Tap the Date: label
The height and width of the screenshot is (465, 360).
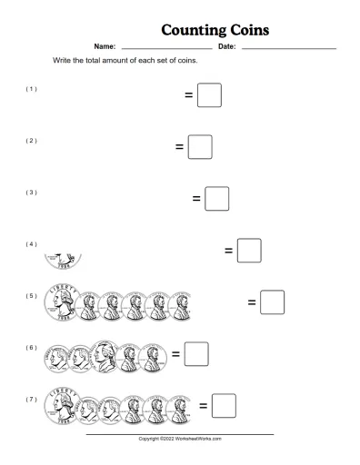pos(226,46)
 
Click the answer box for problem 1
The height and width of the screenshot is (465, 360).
pos(209,94)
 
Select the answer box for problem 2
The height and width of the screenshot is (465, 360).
pos(200,146)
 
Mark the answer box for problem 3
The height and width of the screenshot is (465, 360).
pos(216,198)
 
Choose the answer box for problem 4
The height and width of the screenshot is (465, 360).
pos(249,250)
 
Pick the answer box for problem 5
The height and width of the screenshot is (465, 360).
pos(272,302)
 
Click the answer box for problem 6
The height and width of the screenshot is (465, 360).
pos(196,353)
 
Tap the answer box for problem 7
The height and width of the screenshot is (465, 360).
pos(224,405)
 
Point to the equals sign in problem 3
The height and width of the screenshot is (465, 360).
pos(196,198)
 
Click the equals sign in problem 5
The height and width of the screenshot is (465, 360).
pos(252,302)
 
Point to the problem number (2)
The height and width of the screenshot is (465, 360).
pos(32,141)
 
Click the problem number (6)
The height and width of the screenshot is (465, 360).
pos(32,348)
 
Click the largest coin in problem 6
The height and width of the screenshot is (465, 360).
pos(105,356)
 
